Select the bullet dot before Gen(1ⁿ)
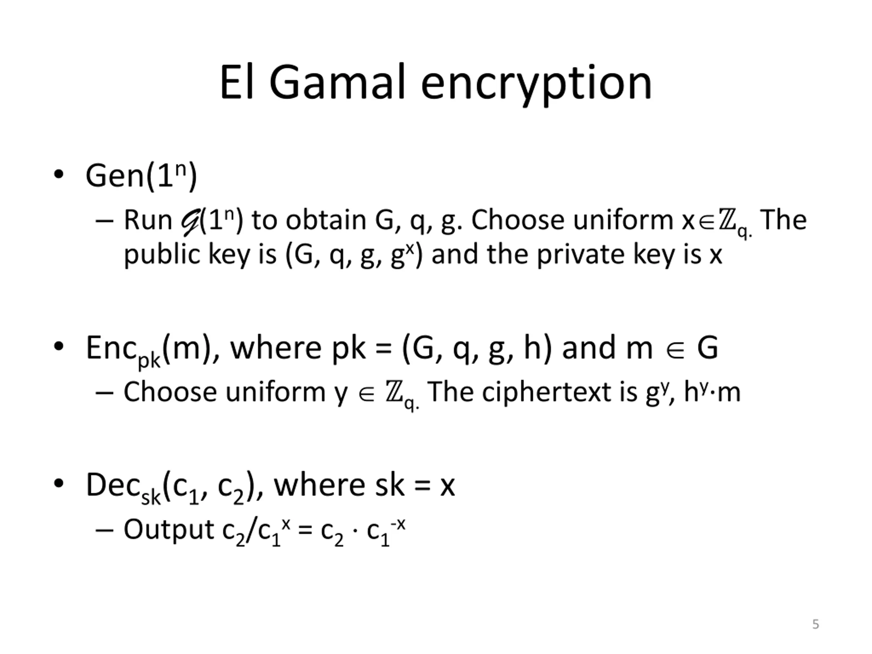(58, 174)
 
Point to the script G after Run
(190, 222)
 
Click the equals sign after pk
(384, 348)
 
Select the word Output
(169, 529)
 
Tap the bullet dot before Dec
(58, 483)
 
